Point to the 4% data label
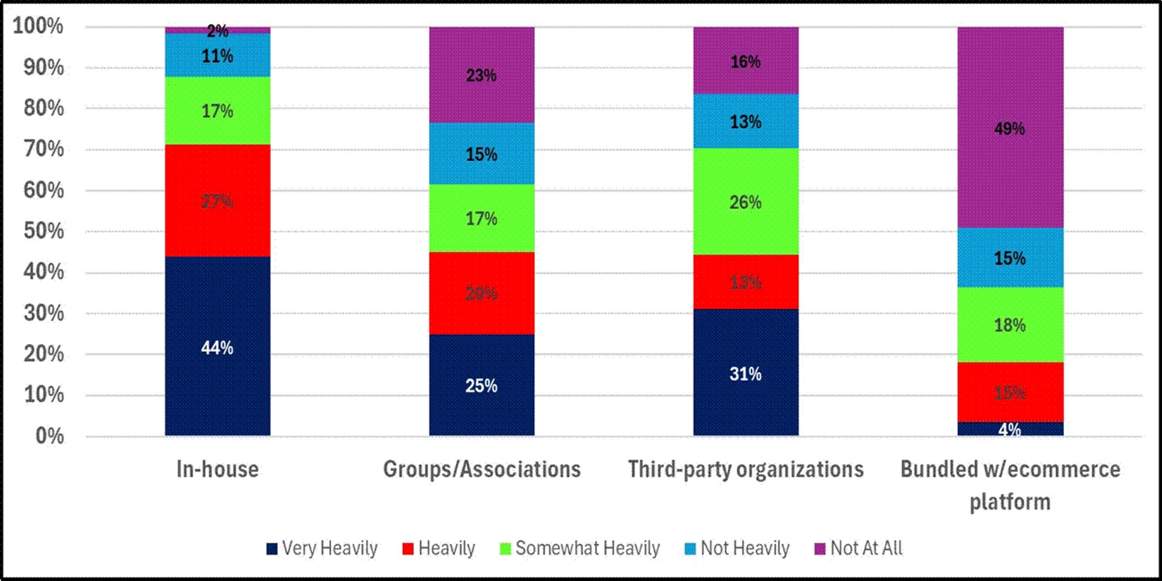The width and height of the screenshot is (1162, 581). pos(1009,430)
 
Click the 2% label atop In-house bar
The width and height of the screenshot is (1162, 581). pos(217,30)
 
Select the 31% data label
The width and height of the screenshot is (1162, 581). pos(746,374)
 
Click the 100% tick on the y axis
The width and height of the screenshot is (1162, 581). pos(38,26)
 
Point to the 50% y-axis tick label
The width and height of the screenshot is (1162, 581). pos(44,231)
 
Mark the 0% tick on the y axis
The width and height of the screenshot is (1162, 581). pos(50,435)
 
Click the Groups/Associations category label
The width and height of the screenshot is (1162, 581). pos(482,470)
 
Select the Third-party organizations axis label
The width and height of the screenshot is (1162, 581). pos(746,470)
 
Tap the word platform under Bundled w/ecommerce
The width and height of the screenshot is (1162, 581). pos(1009,502)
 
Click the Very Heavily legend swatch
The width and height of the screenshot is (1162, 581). pos(272,549)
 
